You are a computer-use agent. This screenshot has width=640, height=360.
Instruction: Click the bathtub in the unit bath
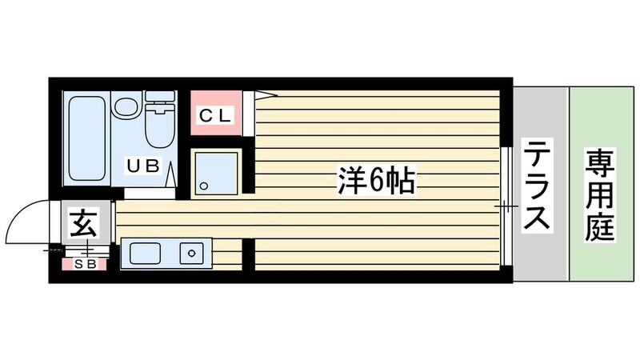point(86,137)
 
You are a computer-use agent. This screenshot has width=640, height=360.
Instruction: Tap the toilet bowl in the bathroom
point(159,127)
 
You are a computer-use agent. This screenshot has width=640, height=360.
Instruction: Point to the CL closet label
point(214,114)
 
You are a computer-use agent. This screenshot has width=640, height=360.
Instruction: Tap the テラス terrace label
point(537,185)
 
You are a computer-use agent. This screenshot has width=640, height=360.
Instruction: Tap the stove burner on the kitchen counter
point(193,254)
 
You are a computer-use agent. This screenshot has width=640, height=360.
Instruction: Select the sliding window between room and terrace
point(506,206)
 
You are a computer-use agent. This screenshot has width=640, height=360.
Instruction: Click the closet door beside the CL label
point(254,112)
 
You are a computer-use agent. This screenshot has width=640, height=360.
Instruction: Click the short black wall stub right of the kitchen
point(248,254)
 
